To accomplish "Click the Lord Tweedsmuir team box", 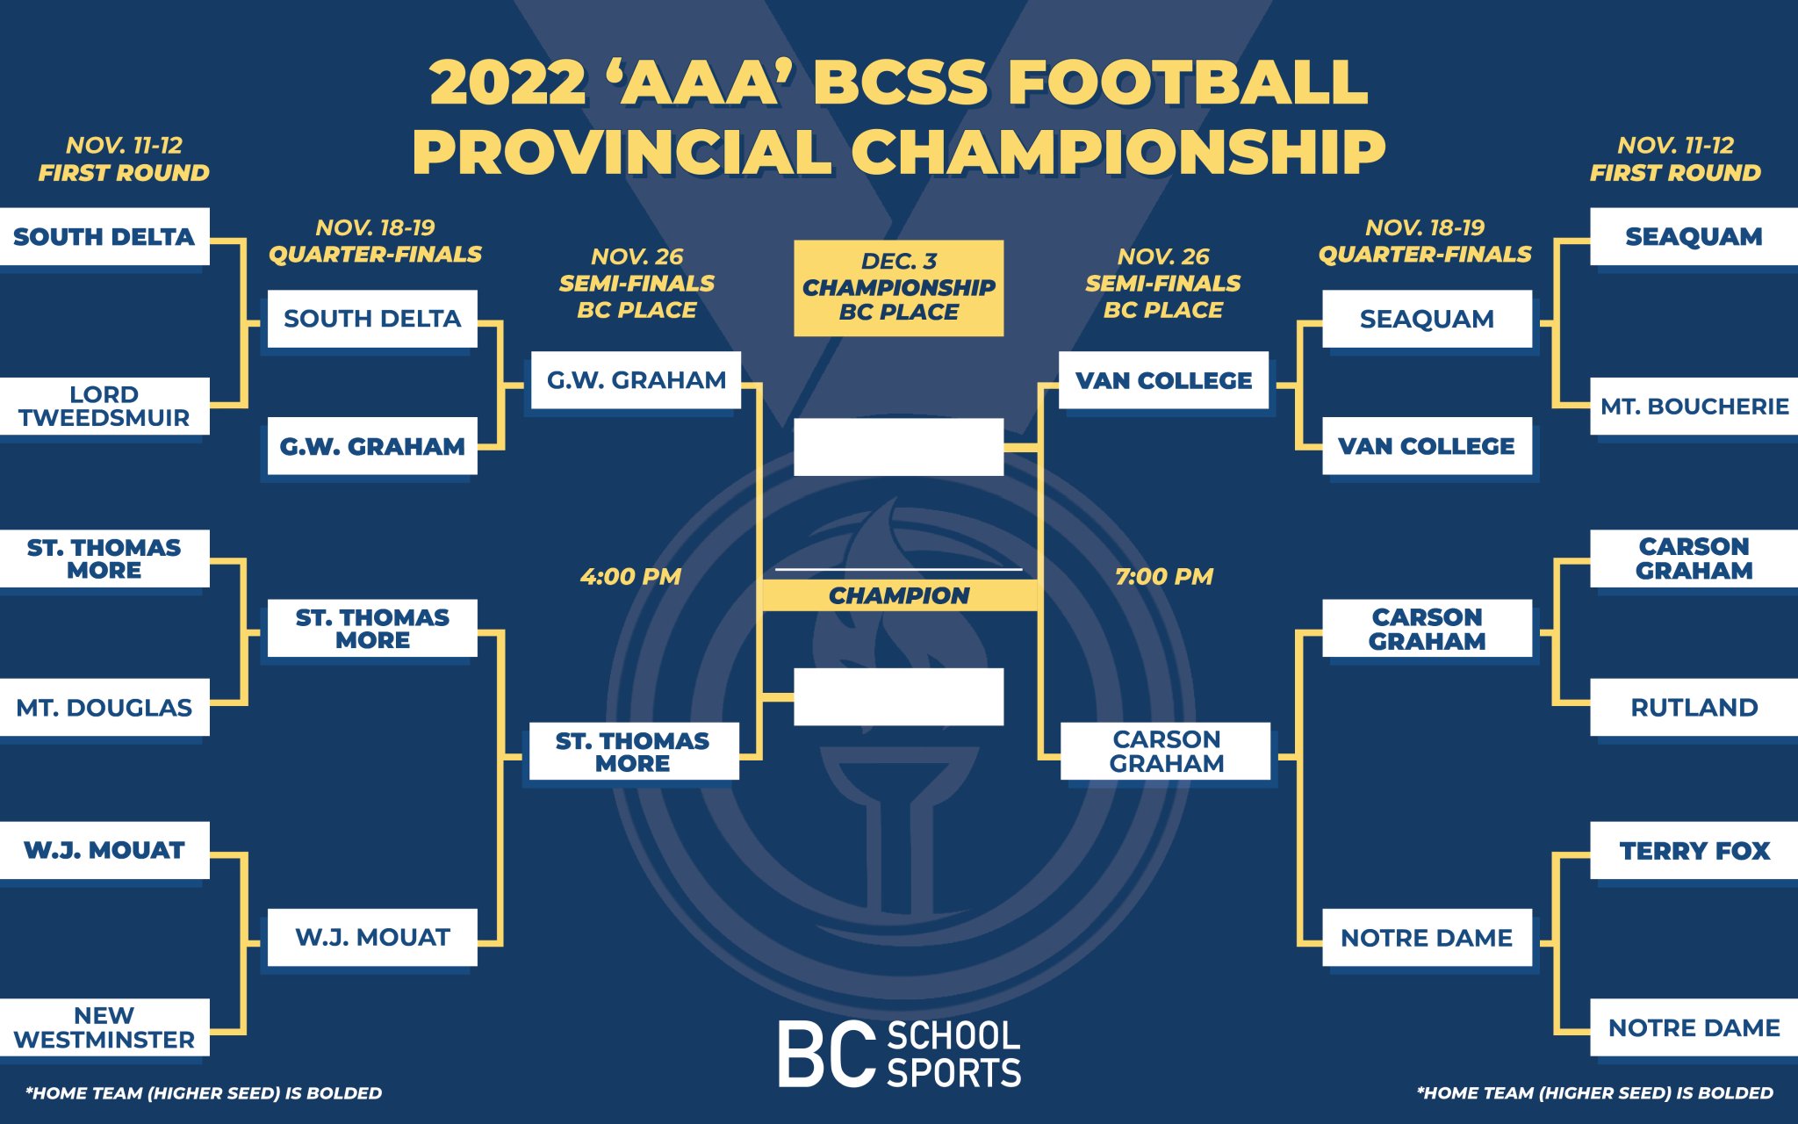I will (104, 407).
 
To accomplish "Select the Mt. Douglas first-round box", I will (104, 707).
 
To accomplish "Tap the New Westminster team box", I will (104, 1027).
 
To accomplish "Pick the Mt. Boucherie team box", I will (1694, 407).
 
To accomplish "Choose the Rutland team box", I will (1694, 707).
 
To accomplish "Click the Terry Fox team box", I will (1694, 850).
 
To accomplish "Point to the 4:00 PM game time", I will (630, 577).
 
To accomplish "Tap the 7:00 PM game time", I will (1164, 577).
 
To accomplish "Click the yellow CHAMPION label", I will (899, 595).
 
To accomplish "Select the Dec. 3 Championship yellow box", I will (899, 288).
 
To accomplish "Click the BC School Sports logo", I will (899, 1054).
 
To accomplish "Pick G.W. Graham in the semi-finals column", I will (636, 380).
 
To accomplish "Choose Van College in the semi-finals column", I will (1163, 380).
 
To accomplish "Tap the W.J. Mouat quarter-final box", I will (372, 937).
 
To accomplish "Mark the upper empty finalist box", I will (899, 447).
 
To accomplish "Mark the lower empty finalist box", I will (899, 696).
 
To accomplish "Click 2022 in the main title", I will (507, 83).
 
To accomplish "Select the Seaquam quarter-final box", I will (1427, 319).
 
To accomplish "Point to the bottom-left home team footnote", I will (204, 1093).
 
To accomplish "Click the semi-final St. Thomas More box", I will (633, 752).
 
